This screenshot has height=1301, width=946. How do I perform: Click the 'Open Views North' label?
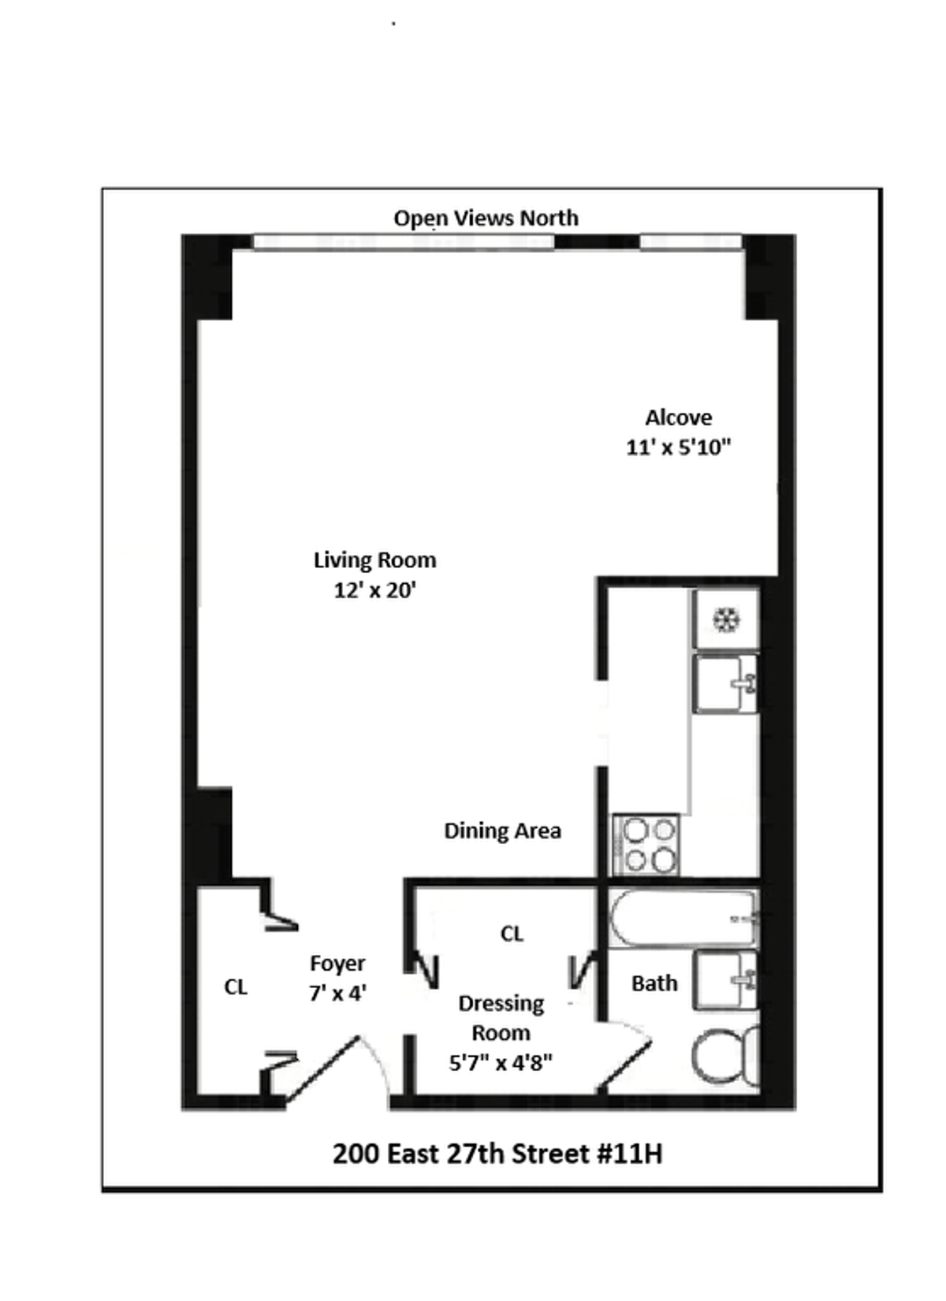(486, 218)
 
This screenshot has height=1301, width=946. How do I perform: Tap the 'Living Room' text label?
(374, 560)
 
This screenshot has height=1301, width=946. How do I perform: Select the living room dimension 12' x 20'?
(374, 590)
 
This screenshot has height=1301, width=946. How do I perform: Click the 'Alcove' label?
(678, 418)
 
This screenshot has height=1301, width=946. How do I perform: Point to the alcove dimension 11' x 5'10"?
(678, 448)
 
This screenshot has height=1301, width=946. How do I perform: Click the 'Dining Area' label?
(502, 831)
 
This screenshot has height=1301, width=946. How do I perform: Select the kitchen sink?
(725, 683)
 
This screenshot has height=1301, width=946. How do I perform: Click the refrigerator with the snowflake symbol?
(726, 619)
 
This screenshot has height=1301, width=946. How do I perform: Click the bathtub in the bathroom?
(683, 918)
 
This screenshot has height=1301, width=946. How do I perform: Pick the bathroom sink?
(725, 979)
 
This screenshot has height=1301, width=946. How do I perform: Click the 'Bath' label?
(654, 983)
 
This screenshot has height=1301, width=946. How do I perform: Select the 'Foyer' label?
(337, 964)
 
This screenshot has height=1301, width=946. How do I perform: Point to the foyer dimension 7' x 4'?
(337, 993)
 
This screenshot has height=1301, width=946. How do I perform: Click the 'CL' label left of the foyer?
(236, 987)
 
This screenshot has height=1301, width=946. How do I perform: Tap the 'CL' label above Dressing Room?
(512, 934)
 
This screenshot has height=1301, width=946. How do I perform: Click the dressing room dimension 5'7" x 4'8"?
(501, 1063)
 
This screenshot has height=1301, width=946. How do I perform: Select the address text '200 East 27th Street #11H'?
(497, 1154)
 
